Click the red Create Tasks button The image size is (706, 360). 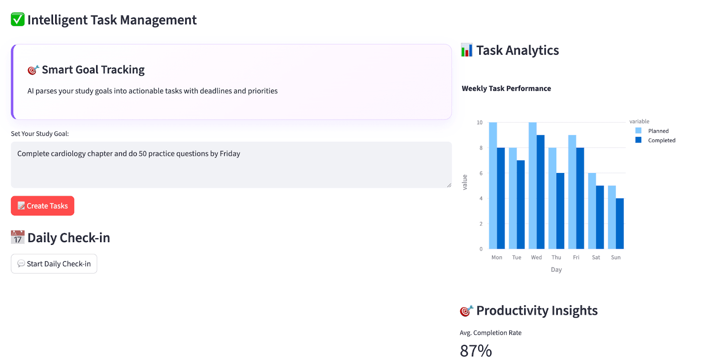tap(42, 206)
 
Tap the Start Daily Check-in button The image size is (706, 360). tap(54, 264)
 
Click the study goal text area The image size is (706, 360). tap(231, 165)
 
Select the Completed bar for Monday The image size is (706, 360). tap(501, 198)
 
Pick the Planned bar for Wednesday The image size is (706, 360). tap(533, 185)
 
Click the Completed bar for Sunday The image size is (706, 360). tap(620, 224)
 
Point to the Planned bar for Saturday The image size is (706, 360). tap(592, 211)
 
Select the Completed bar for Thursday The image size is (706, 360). tap(560, 211)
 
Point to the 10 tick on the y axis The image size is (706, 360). tap(480, 123)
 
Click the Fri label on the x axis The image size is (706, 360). tap(576, 258)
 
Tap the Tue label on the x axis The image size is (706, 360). tap(517, 258)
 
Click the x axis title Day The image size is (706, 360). tap(556, 270)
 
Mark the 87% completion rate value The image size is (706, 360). tap(476, 351)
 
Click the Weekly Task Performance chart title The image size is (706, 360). tap(506, 89)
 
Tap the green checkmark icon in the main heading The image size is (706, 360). tap(18, 19)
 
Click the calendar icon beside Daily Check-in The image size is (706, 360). tap(18, 237)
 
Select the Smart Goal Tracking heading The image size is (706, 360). tap(93, 70)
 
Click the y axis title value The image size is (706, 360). tap(465, 182)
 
